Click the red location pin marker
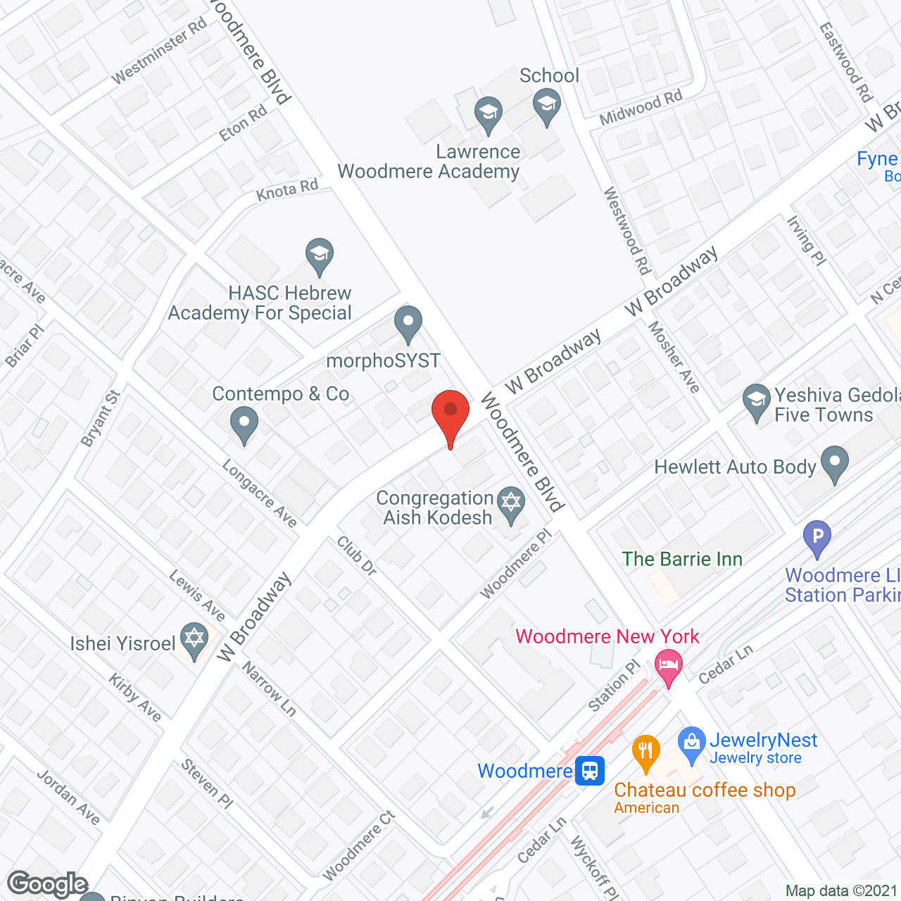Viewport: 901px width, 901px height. click(450, 415)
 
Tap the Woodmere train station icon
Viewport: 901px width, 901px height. click(590, 771)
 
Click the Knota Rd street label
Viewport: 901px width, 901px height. click(287, 190)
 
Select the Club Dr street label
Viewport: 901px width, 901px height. click(357, 555)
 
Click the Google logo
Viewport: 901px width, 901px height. click(48, 884)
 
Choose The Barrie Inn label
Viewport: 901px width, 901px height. click(682, 559)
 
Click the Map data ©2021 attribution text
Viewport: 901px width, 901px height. click(842, 891)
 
